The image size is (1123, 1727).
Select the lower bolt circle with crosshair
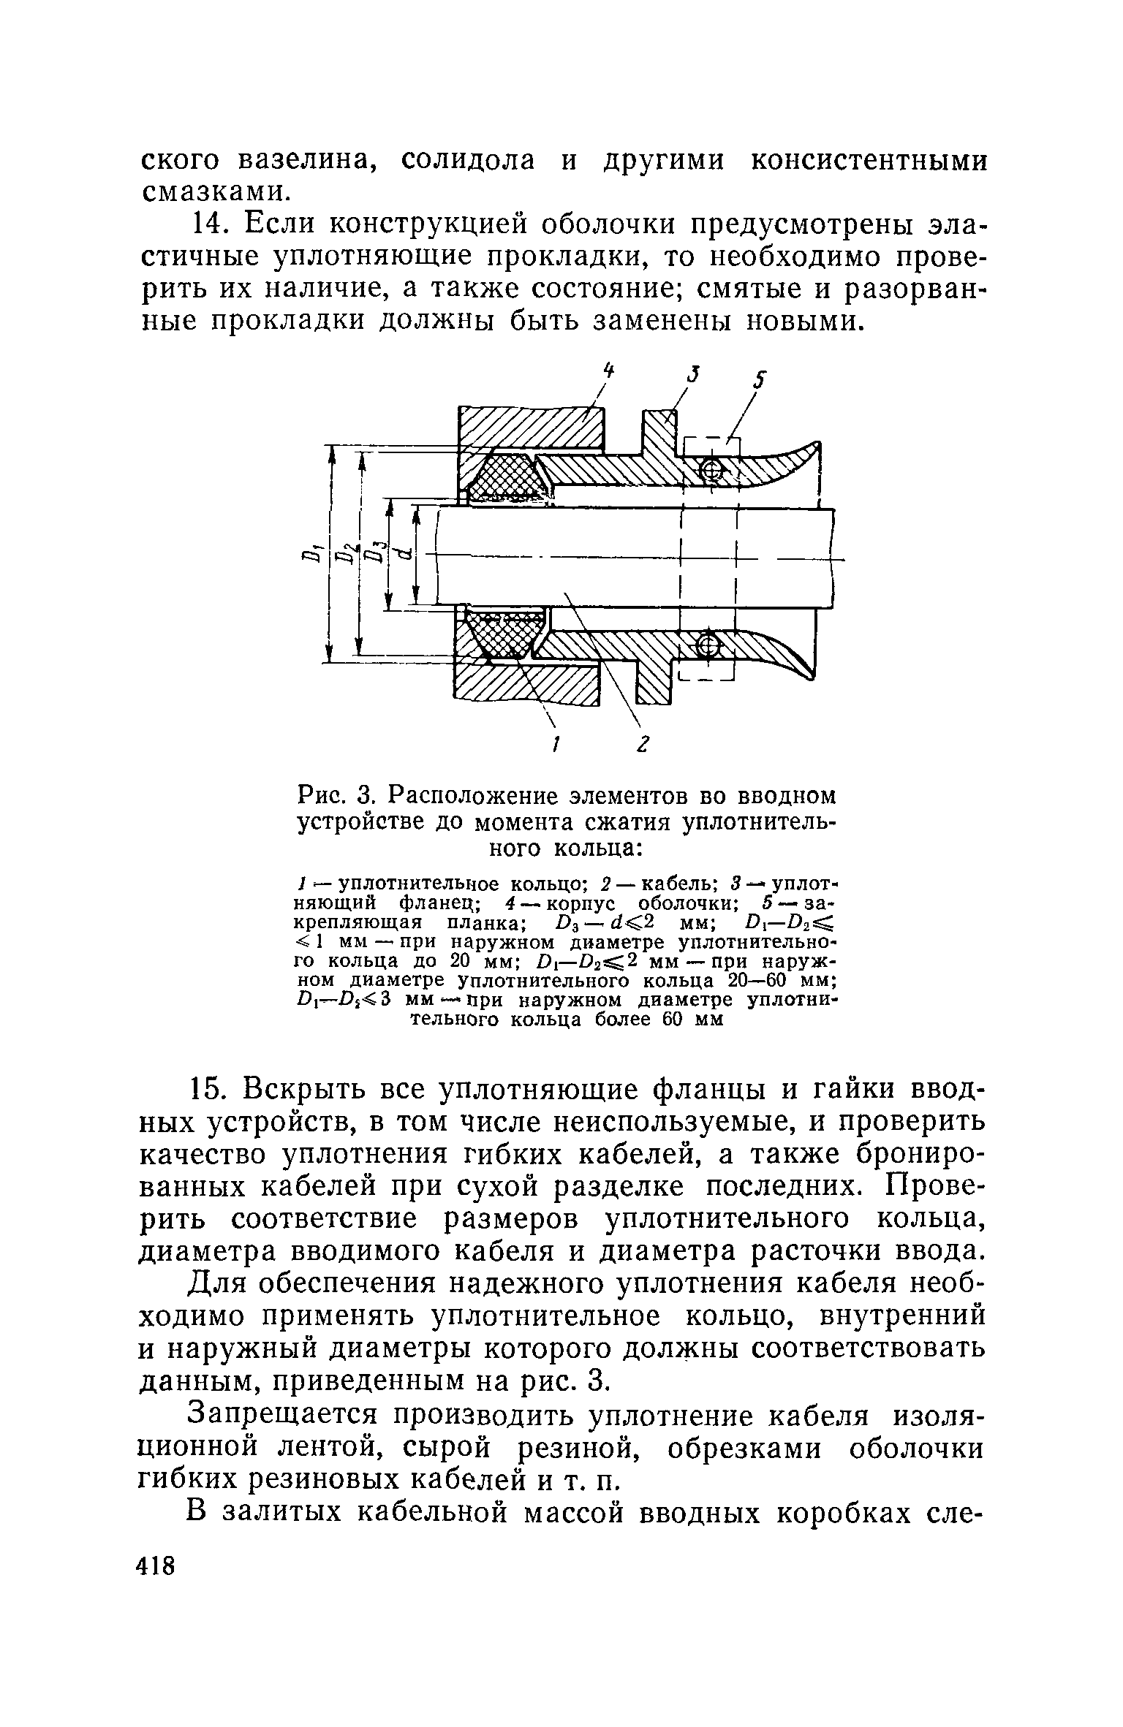click(708, 645)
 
